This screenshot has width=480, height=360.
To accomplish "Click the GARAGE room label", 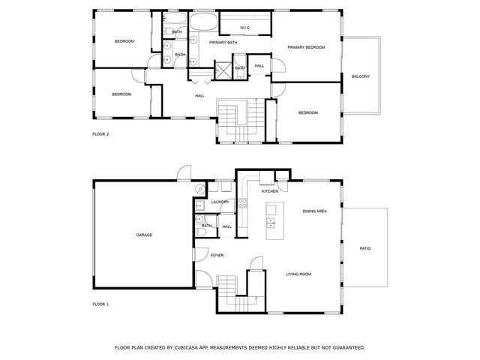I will tap(144, 235).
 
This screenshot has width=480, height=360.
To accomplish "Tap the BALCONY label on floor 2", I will tap(360, 76).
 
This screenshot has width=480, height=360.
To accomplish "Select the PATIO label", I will tap(365, 248).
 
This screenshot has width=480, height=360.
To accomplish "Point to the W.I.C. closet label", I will tap(245, 28).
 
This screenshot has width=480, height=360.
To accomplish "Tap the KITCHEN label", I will tap(270, 191).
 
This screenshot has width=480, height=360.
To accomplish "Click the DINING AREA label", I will tap(315, 211).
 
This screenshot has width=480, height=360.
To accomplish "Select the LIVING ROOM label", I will tap(298, 274).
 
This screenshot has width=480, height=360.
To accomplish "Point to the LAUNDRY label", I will tap(220, 202).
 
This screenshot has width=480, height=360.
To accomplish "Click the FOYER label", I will tap(217, 256).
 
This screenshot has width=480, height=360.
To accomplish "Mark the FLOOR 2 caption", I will tap(100, 133).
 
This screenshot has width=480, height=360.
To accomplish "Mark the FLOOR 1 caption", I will tap(100, 304).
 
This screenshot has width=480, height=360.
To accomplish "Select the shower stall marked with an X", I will tap(223, 70).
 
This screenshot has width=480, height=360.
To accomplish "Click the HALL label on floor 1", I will tap(226, 226).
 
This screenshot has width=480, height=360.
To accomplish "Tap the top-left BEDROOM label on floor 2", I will tap(124, 41).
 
